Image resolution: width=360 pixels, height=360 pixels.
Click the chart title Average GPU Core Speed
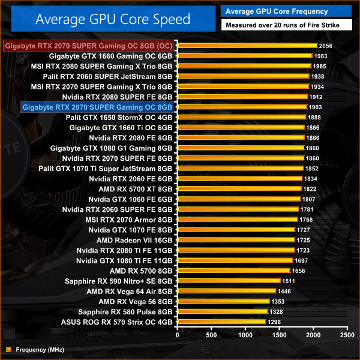pos(113,19)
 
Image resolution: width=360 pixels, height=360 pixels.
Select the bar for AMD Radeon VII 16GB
pos(236,240)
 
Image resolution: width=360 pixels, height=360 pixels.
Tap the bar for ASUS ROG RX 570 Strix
pos(221,322)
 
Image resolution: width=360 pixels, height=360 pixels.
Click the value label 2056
pos(326,46)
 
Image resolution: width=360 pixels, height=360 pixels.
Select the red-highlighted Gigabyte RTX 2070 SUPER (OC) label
pos(89,46)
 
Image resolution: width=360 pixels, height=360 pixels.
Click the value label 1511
pos(290,281)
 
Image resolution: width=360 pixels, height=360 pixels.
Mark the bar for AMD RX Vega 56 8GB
pos(223,301)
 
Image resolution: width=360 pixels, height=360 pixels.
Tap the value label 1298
pos(275,322)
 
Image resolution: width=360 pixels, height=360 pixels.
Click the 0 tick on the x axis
pos(177,334)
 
